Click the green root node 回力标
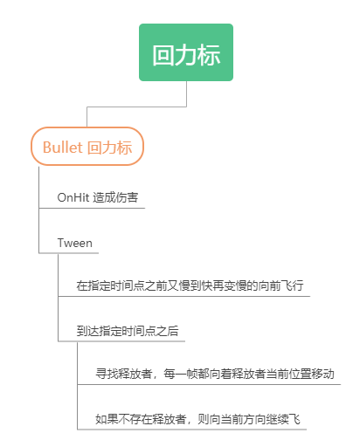click(186, 52)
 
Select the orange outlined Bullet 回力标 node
click(87, 147)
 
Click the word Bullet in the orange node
click(63, 147)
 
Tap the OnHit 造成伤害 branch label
click(97, 197)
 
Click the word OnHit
click(73, 197)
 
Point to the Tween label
click(75, 243)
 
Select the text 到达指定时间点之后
click(128, 331)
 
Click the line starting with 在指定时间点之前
click(190, 285)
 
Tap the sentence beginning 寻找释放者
click(215, 374)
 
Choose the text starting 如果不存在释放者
click(197, 419)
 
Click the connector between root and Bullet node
click(136, 107)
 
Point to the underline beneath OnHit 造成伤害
click(92, 208)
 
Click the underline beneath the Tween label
click(69, 253)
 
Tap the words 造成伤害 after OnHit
click(115, 197)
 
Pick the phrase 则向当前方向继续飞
click(249, 419)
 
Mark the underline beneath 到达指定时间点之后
click(121, 341)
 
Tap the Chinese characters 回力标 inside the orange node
click(110, 147)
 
